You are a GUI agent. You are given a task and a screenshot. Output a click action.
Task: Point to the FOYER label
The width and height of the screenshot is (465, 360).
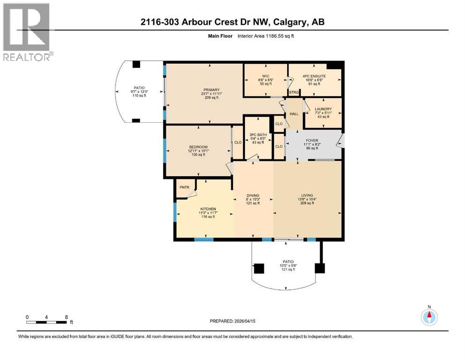coord(312,140)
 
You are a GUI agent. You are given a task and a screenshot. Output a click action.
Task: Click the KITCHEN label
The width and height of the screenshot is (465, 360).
coord(208,209)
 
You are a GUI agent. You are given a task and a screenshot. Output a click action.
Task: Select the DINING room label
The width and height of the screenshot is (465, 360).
coord(253,196)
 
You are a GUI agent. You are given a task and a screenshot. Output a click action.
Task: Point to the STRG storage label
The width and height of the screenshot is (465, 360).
coord(294,92)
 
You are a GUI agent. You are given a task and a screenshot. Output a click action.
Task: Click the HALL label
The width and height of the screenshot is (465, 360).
coord(294,114)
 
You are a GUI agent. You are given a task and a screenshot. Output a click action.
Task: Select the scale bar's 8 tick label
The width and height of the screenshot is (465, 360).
coord(66,317)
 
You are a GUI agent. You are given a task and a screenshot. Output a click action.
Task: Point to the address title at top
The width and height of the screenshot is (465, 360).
coord(233,22)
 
